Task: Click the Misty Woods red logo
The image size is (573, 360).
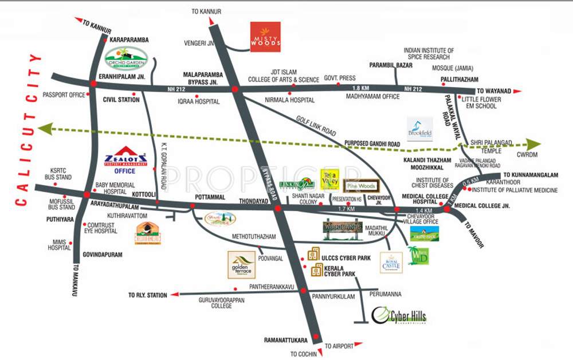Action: tap(265, 37)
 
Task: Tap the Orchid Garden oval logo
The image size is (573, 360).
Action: tap(126, 58)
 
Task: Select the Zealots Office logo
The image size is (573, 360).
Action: tap(125, 163)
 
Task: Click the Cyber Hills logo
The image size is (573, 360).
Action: tap(399, 316)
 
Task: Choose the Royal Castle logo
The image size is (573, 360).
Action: tap(391, 263)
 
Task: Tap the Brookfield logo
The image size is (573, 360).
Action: tap(420, 130)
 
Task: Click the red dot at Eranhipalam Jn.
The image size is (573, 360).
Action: tap(93, 84)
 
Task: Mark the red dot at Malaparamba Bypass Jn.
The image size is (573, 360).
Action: tap(234, 89)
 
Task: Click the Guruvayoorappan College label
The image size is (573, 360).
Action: tap(221, 303)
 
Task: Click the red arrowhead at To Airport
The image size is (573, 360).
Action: tap(358, 345)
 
